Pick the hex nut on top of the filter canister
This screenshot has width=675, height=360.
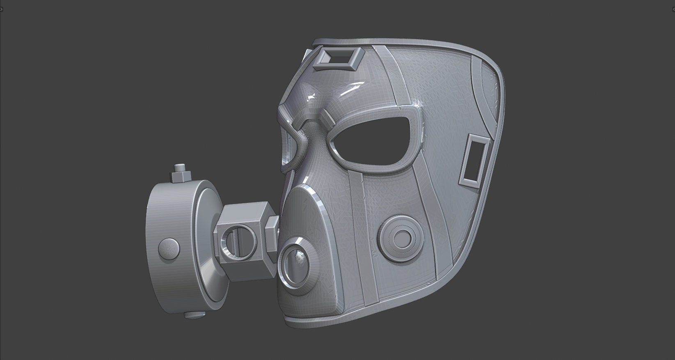180,177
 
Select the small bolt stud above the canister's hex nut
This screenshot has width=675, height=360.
179,168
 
